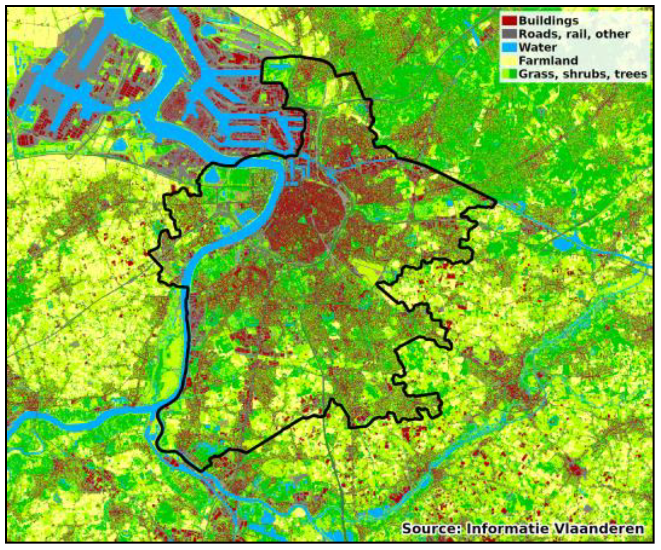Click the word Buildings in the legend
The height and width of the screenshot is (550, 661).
(548, 21)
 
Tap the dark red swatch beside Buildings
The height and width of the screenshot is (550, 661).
(509, 21)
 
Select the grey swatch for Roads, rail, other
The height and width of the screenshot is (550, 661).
(509, 34)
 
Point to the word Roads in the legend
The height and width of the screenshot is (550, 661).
(536, 34)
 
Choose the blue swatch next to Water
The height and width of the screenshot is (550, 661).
(509, 47)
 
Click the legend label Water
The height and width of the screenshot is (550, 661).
(538, 47)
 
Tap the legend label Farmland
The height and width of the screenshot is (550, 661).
(548, 60)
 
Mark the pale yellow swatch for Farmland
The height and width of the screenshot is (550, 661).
(509, 60)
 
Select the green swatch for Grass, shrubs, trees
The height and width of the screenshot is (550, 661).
(509, 74)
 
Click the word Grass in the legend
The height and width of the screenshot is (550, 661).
(534, 74)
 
